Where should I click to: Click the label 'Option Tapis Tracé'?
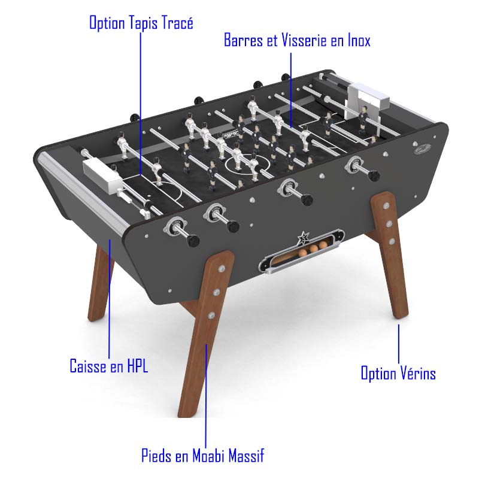(141, 23)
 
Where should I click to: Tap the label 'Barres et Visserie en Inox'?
(297, 40)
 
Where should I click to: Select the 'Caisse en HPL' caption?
(109, 366)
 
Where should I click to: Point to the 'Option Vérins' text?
(398, 373)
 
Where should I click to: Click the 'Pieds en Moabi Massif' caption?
(202, 456)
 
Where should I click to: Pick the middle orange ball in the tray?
(314, 248)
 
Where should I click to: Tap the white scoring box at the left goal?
(102, 175)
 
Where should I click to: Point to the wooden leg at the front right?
(390, 253)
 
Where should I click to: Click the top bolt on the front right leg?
(386, 205)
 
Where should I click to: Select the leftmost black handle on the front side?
(193, 241)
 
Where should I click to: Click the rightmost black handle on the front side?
(373, 175)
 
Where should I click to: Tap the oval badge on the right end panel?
(423, 148)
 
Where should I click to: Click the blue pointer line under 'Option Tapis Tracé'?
(141, 104)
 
